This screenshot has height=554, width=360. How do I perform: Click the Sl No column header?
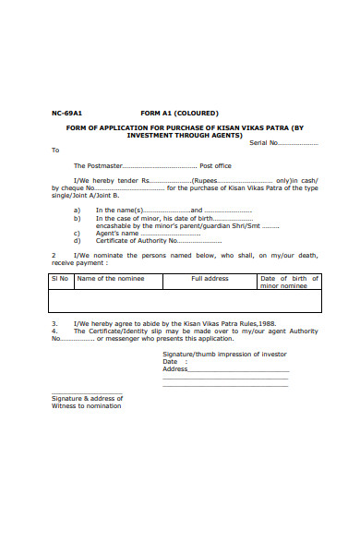(x=60, y=278)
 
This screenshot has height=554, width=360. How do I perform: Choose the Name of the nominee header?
(x=110, y=278)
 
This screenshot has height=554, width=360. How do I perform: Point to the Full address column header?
(x=210, y=278)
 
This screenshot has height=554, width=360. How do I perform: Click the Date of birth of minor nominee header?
(x=289, y=282)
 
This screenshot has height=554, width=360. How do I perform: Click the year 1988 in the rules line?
(x=267, y=323)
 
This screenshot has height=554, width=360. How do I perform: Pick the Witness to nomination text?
(x=86, y=406)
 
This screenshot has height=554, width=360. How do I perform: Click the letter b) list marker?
(x=77, y=218)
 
